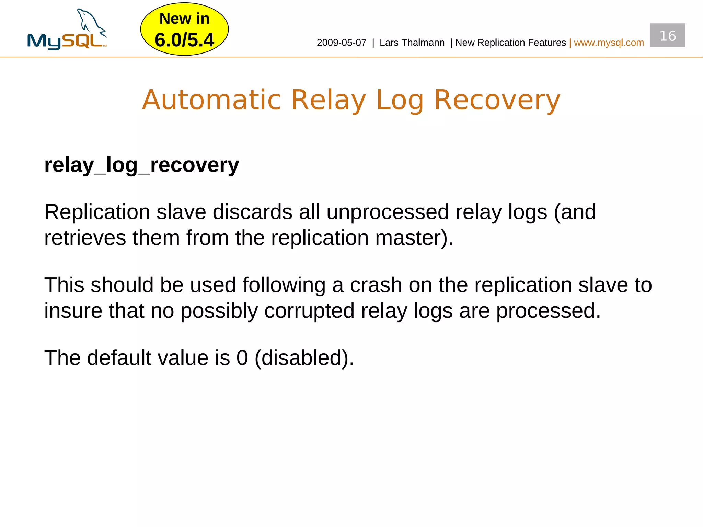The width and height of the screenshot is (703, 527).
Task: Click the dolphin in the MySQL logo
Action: click(90, 22)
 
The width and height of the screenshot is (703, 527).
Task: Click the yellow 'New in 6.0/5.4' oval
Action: click(184, 30)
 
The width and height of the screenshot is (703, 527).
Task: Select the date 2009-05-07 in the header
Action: click(341, 43)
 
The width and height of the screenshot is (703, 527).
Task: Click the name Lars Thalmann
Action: click(412, 43)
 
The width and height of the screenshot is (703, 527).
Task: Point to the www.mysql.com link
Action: click(609, 43)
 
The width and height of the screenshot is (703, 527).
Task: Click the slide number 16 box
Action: click(667, 36)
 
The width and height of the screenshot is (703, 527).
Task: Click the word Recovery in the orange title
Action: click(497, 100)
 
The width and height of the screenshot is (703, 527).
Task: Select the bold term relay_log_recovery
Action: click(141, 165)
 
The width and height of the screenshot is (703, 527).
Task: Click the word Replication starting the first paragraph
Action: click(97, 212)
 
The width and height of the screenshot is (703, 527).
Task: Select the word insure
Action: click(73, 311)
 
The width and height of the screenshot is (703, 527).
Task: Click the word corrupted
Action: click(309, 311)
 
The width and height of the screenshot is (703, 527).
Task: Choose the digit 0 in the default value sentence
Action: click(242, 358)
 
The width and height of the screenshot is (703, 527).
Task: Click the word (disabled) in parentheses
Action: click(304, 358)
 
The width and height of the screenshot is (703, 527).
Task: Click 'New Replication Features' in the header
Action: click(510, 43)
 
